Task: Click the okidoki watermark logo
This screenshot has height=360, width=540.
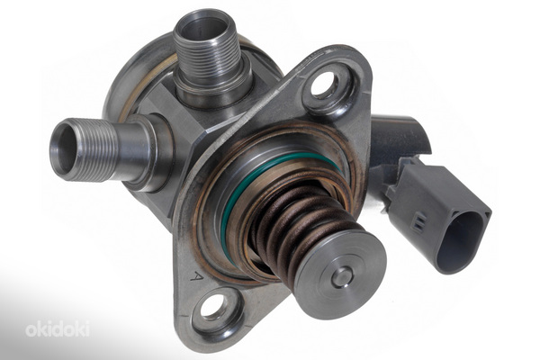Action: pos(58,328)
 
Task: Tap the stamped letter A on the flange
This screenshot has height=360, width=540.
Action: pos(196,275)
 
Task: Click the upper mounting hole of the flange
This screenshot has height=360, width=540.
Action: pos(324,84)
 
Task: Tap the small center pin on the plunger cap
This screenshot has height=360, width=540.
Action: pos(343,277)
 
